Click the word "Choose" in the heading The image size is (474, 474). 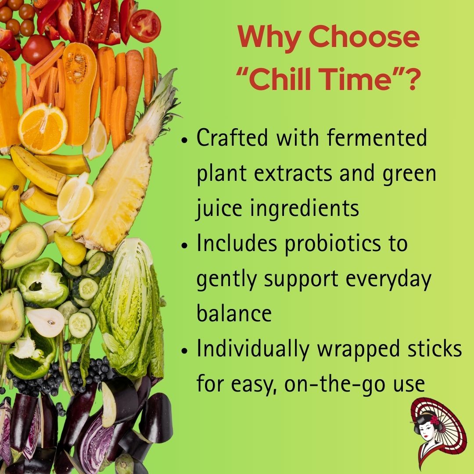364,37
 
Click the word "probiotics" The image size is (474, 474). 333,245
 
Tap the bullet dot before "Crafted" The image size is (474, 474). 185,140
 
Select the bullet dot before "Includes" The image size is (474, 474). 185,245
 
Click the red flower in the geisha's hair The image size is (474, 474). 434,420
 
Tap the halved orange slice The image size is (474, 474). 43,128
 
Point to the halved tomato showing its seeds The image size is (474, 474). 144,26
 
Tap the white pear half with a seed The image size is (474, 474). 45,322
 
